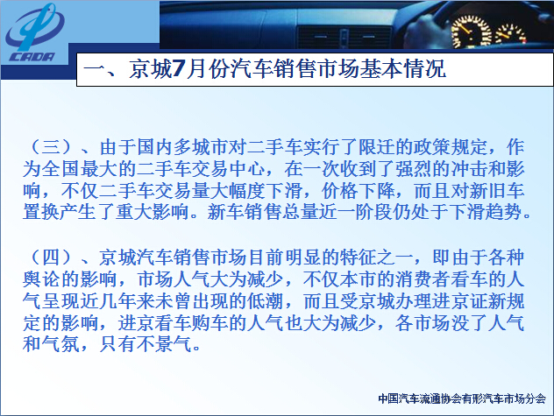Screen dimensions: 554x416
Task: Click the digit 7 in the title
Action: tap(179, 68)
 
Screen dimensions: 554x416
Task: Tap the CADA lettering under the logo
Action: tap(32, 57)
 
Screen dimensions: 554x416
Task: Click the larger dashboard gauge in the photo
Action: tap(471, 31)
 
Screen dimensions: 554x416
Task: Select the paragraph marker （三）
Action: tap(51, 147)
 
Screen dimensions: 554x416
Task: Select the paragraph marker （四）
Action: tap(51, 257)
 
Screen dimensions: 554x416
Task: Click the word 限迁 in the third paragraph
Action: tap(377, 147)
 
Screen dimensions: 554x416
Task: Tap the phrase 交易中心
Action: tap(228, 169)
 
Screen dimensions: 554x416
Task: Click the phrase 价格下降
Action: tap(358, 191)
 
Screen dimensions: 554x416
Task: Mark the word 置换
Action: tap(41, 212)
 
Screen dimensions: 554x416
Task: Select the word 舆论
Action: tap(41, 279)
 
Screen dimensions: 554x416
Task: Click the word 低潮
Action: tap(265, 301)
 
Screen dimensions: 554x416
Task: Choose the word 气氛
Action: tap(60, 344)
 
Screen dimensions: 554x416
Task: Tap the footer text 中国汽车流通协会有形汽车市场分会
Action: tap(462, 398)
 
